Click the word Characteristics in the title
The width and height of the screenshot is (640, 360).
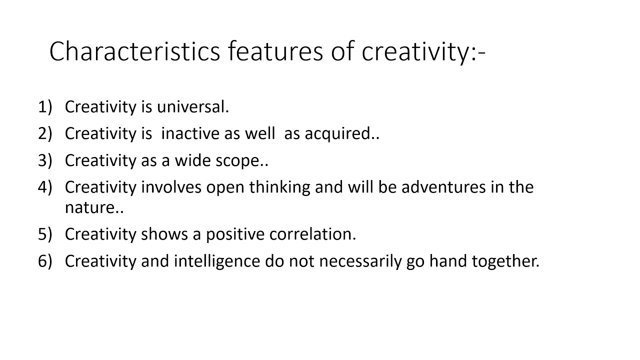coord(134,51)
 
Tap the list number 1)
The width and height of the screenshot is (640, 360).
coord(45,107)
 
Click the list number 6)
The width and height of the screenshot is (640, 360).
coord(45,261)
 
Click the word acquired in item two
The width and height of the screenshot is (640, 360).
coord(337,133)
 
